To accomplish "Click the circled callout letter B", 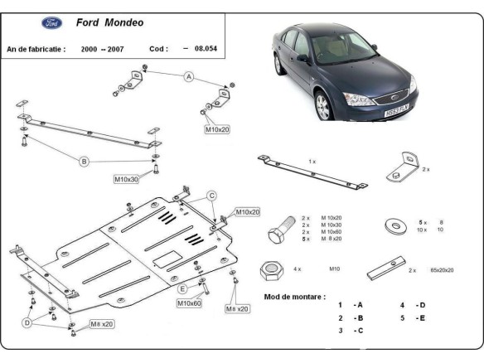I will click(84, 162).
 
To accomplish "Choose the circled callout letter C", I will click(211, 196).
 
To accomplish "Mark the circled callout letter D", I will click(27, 322).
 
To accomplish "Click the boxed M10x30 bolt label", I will click(126, 178).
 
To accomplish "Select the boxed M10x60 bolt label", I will click(189, 303).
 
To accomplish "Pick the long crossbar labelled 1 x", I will click(311, 173).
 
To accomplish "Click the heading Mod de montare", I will click(295, 296).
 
